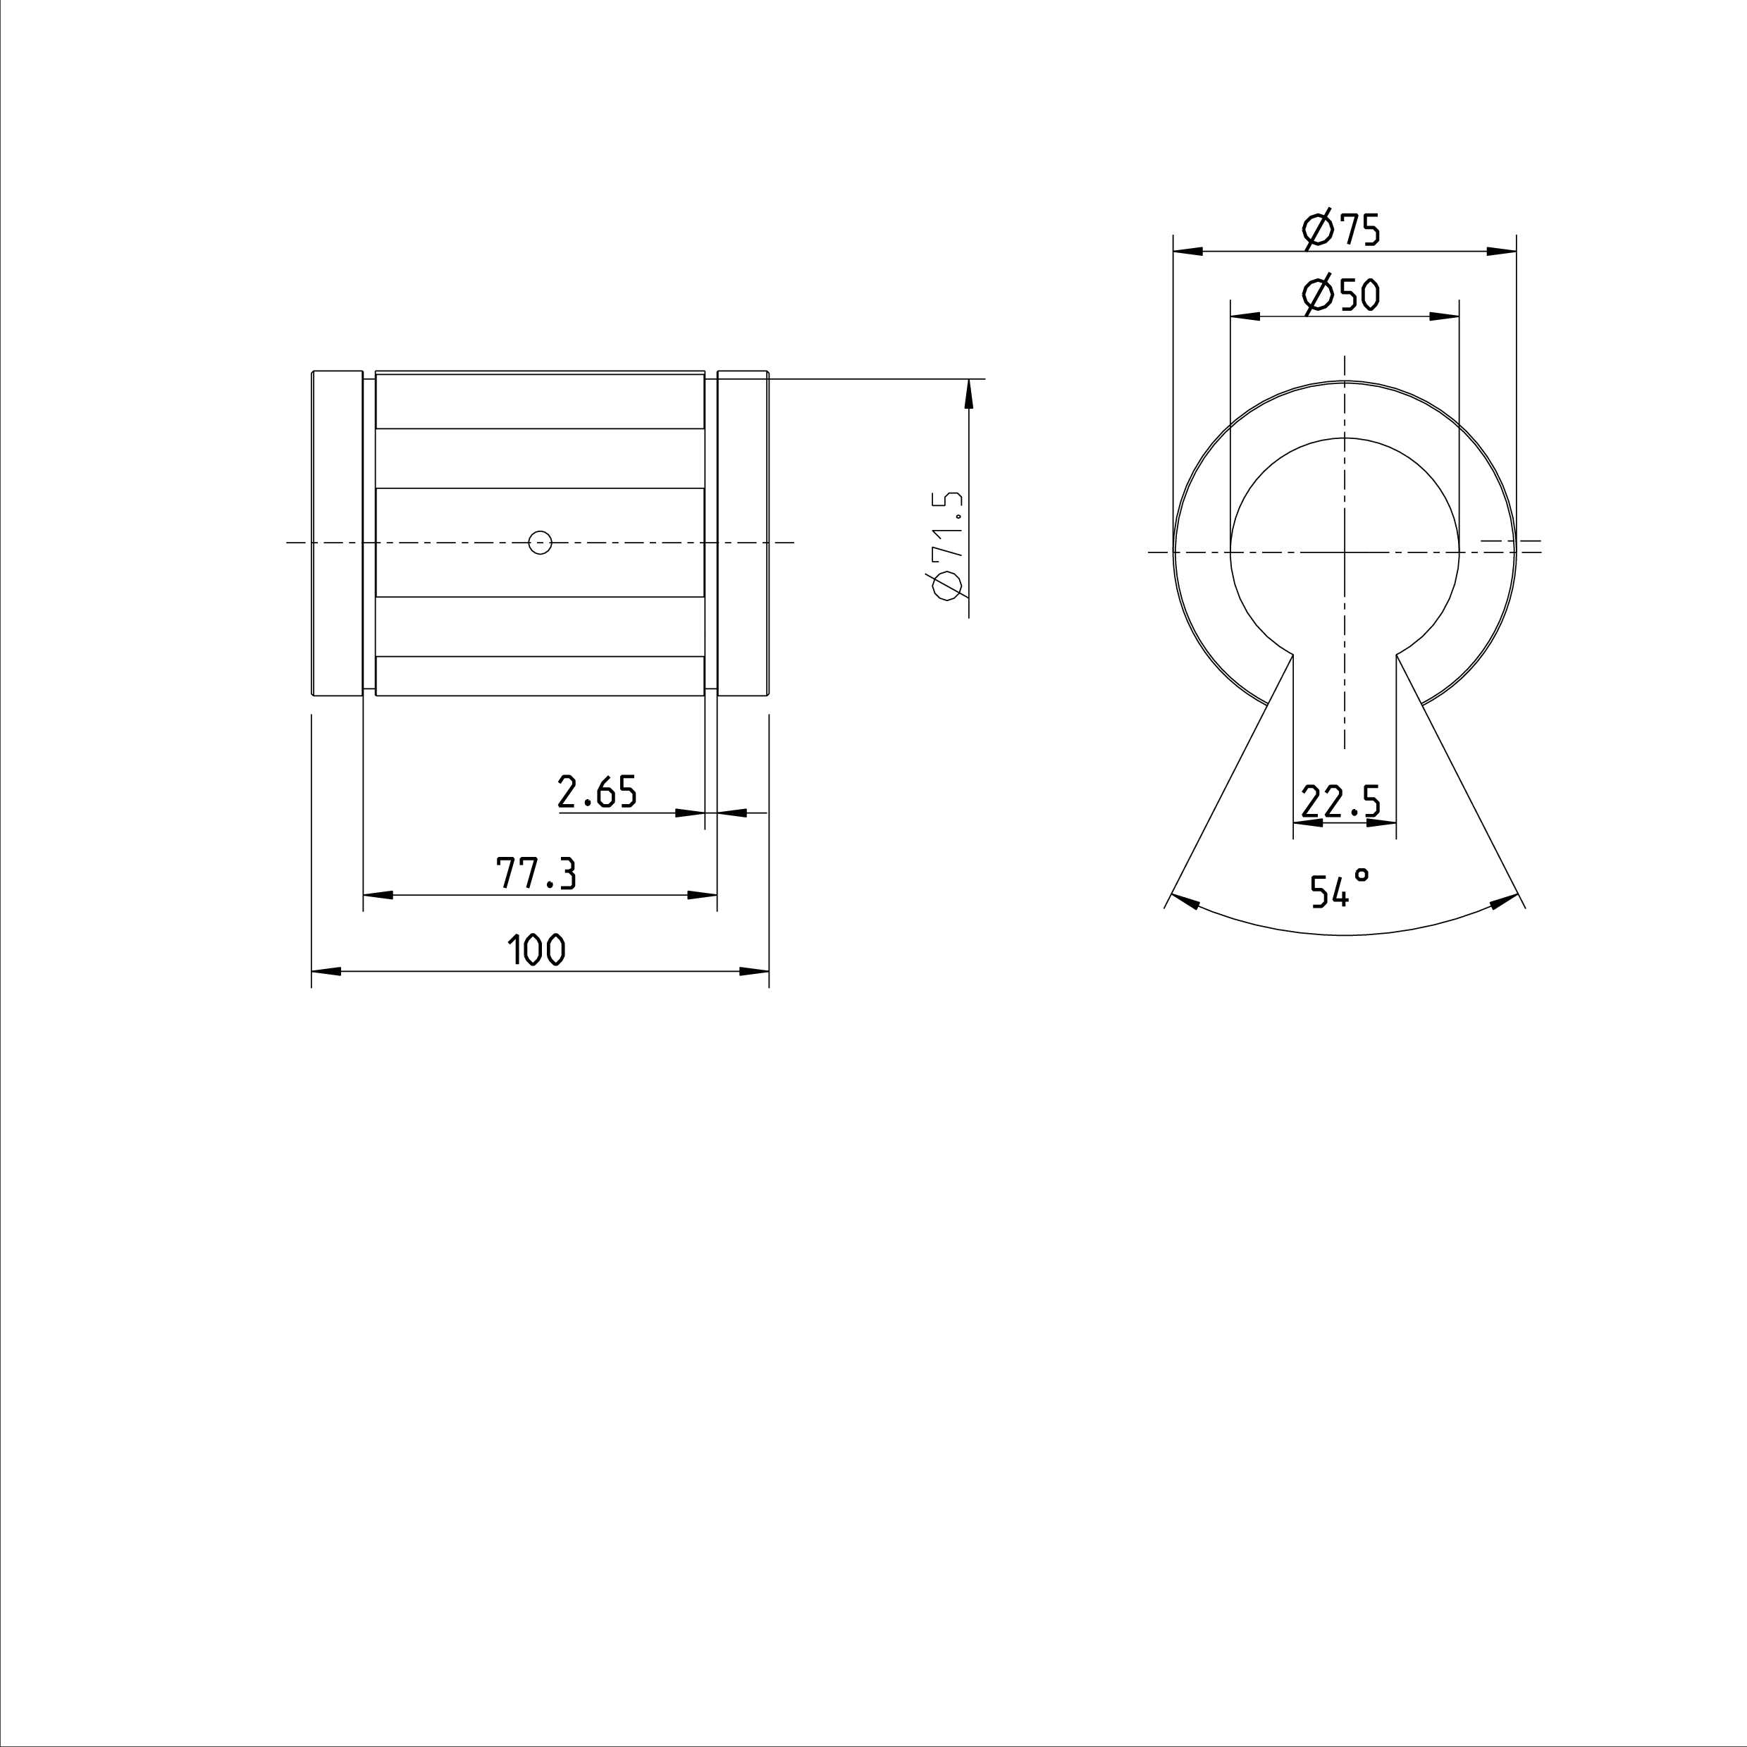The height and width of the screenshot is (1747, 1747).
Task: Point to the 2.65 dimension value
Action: (597, 792)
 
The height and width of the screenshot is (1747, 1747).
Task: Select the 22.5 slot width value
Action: (1341, 801)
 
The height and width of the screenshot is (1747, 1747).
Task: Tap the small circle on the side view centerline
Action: (540, 543)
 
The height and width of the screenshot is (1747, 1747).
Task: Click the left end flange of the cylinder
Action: (338, 533)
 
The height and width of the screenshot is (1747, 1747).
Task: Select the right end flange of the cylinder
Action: (743, 533)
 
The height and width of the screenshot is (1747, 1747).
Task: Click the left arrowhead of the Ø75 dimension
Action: (1187, 252)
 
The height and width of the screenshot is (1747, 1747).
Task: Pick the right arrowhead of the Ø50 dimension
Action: (1445, 316)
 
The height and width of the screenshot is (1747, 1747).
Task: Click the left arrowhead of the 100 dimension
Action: (326, 972)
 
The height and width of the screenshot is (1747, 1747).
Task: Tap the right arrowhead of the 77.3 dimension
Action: (703, 895)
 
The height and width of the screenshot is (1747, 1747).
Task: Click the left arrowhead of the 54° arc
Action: (1185, 901)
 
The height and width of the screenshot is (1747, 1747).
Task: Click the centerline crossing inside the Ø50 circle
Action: (1345, 552)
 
